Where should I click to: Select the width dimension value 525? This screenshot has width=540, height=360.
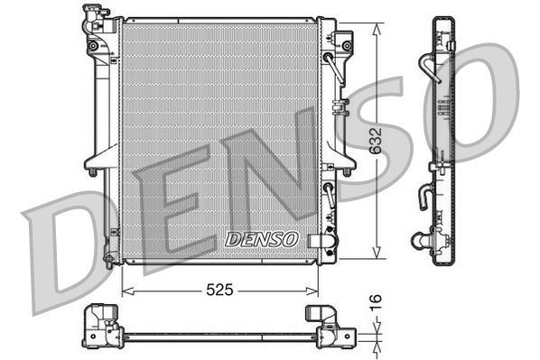click(x=220, y=291)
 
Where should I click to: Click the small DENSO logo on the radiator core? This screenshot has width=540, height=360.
click(x=260, y=239)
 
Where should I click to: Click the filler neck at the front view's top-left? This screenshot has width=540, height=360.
click(x=93, y=16)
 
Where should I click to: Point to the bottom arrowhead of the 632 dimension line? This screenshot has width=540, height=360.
click(x=375, y=259)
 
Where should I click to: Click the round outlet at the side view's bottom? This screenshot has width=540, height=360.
click(x=422, y=240)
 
